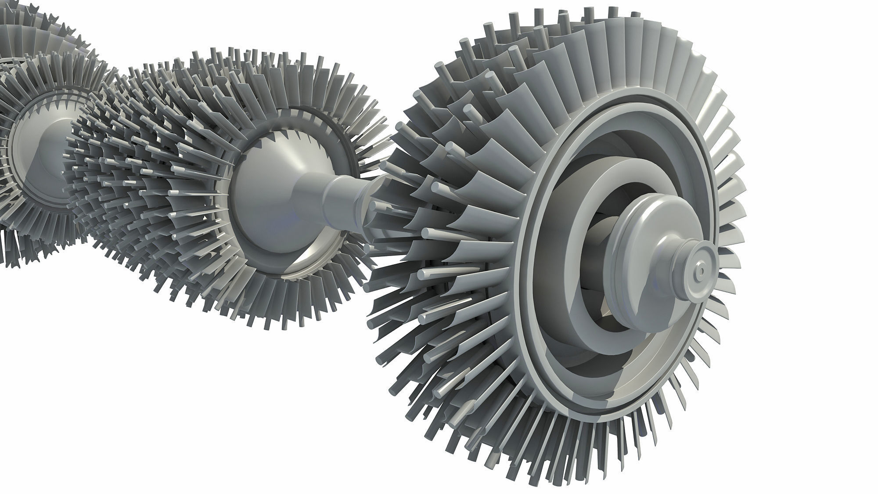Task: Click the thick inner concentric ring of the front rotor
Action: coord(584,206)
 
